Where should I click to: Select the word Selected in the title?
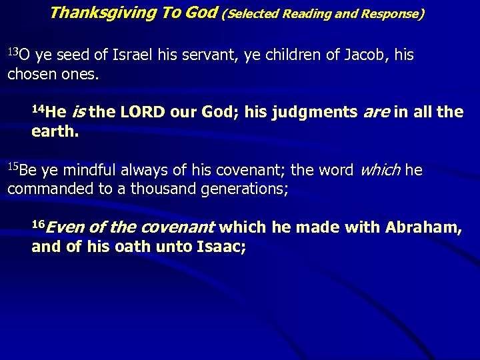pos(254,13)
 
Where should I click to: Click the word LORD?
pos(142,112)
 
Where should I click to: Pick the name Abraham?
pos(423,228)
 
